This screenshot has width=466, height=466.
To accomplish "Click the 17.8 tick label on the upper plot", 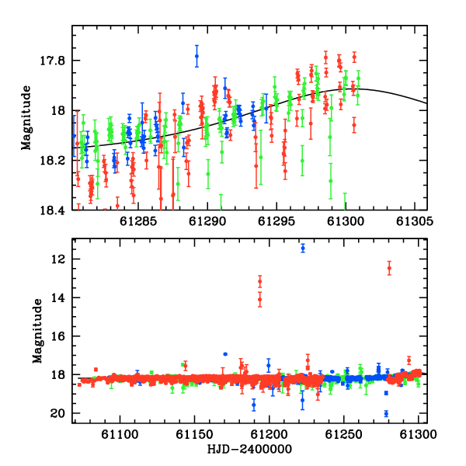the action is click(52, 61).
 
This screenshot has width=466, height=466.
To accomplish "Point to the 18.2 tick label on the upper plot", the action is click(52, 161).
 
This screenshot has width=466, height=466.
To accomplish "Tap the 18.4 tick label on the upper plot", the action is click(52, 210).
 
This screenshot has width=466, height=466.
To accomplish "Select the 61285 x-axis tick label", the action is click(138, 221).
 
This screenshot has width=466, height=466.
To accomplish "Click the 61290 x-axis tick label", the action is click(207, 221).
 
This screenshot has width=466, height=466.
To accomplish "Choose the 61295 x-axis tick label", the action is click(276, 221).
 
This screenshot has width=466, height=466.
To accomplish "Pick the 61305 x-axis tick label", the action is click(415, 221).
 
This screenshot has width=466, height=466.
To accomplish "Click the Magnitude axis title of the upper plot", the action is click(26, 118).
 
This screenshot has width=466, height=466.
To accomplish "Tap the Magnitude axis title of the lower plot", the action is click(37, 331).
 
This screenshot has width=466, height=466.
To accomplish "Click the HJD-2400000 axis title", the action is click(249, 449).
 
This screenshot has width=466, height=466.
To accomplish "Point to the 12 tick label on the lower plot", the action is click(57, 259).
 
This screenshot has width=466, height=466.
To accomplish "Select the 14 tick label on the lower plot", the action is click(57, 297).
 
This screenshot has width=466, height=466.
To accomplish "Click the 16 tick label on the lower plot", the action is click(57, 336).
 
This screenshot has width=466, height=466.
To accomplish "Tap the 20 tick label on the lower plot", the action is click(57, 413).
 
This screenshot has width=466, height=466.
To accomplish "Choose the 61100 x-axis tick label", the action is click(120, 434).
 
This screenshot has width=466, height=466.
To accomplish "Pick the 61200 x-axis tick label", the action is click(270, 434).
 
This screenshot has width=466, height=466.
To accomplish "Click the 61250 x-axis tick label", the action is click(344, 434).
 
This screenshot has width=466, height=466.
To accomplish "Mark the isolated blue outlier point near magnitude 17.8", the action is click(196, 56).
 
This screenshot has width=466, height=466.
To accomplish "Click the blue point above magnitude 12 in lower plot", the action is click(303, 249).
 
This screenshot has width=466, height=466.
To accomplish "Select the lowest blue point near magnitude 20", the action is click(386, 413).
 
